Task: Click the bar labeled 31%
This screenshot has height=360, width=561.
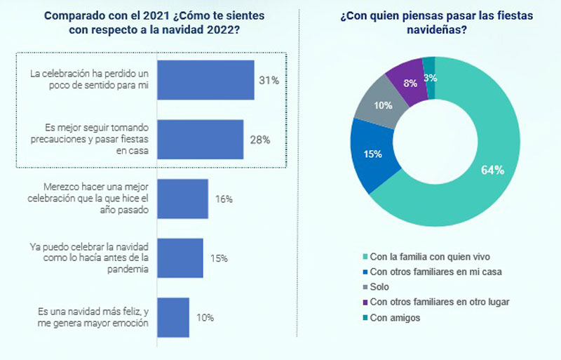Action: (x=205, y=80)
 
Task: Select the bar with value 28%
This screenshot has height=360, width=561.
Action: (x=200, y=139)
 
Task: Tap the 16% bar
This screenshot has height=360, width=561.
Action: (x=182, y=199)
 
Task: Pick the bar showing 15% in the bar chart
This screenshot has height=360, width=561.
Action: (x=180, y=258)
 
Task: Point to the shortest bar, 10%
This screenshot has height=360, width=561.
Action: (x=173, y=317)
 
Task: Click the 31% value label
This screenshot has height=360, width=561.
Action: (x=269, y=81)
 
